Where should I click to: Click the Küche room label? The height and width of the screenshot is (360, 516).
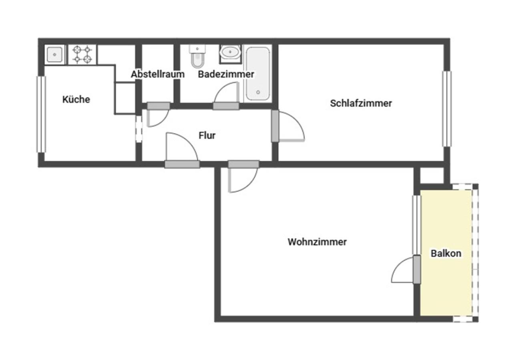point(76,100)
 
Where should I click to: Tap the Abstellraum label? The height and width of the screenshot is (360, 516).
point(158,74)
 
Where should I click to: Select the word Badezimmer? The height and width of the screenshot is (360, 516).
point(226,74)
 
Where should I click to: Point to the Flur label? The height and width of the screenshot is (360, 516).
point(207,135)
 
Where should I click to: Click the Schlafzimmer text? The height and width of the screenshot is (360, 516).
point(361,103)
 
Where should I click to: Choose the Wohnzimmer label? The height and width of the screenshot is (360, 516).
point(317,242)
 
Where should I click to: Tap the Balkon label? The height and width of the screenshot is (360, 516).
point(446,253)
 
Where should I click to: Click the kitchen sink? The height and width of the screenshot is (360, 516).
point(54,54)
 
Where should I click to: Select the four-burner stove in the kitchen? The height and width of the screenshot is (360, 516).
point(82,54)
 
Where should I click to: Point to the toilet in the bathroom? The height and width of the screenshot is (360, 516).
point(197,56)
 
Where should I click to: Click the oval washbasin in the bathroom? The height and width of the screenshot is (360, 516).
point(230,52)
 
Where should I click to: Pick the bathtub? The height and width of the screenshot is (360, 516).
point(258,74)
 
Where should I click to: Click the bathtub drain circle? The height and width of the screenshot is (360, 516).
point(258,92)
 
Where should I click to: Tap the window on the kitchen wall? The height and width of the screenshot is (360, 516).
point(41,114)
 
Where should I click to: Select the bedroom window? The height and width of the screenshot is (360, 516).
point(447,109)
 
